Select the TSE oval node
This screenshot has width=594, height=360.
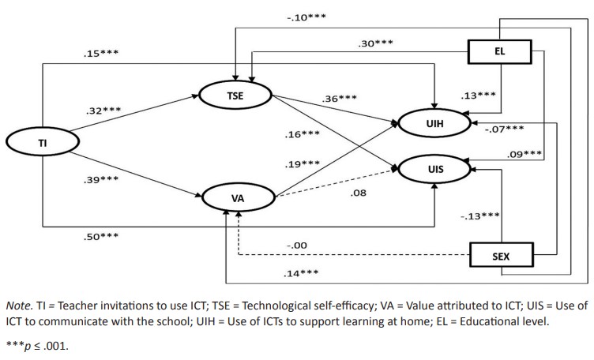[x=235, y=96]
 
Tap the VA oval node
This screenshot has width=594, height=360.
[x=237, y=197]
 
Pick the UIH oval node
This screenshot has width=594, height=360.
[x=436, y=123]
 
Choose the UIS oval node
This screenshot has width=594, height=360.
[x=436, y=168]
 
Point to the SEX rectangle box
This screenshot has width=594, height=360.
[x=502, y=256]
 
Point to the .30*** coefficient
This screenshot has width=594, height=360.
[x=376, y=45]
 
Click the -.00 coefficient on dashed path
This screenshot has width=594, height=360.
[x=296, y=246]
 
